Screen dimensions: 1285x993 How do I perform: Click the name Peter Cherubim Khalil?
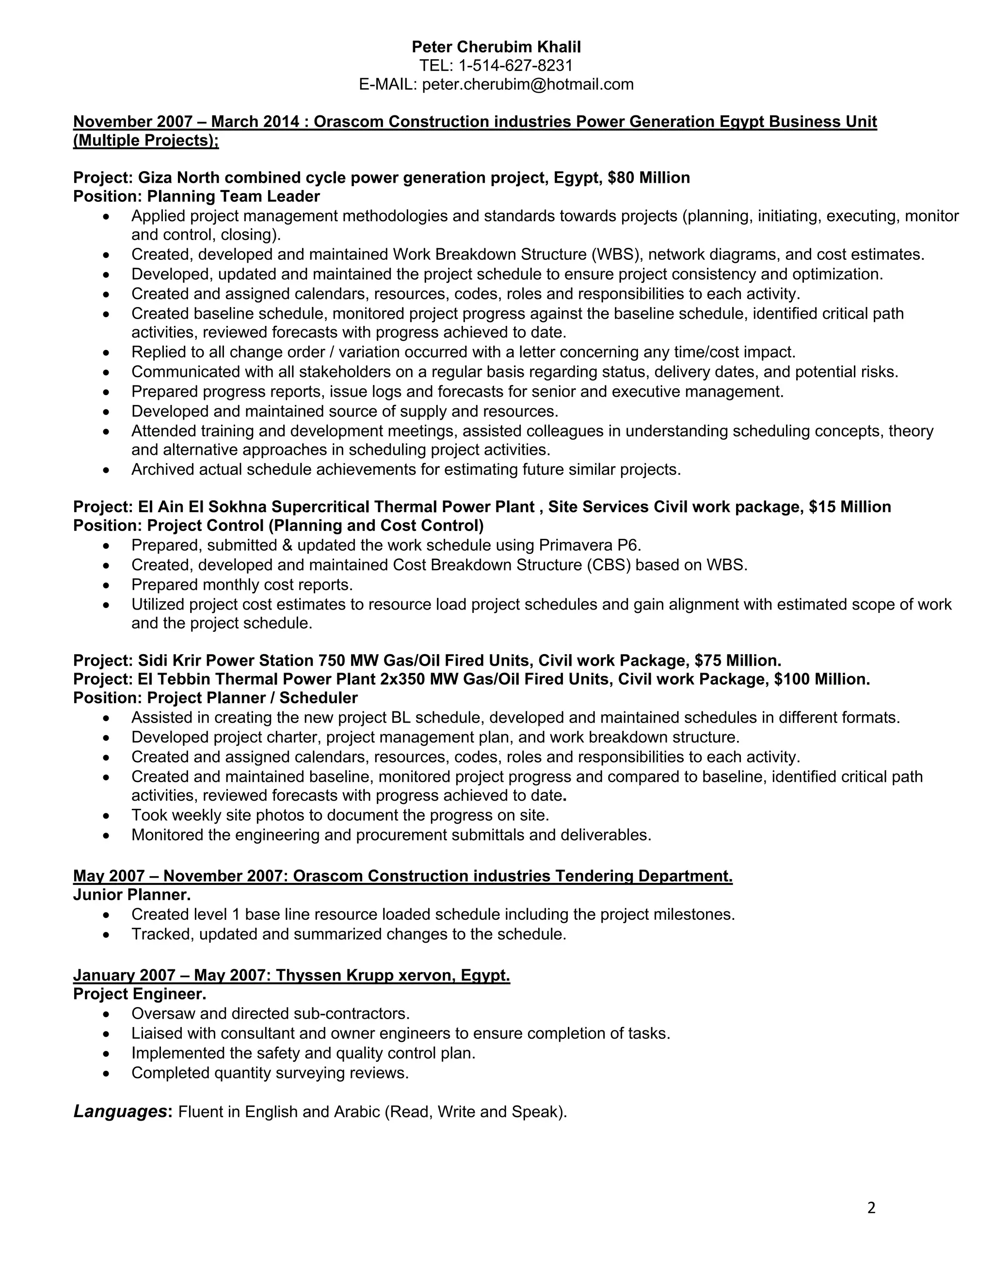point(496,47)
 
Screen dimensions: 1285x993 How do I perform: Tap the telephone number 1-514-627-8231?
point(515,65)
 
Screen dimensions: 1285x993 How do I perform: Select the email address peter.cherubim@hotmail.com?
point(528,85)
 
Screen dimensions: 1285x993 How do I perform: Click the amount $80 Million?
point(649,177)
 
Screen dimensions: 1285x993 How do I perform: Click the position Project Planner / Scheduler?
point(252,698)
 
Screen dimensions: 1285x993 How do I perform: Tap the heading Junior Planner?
point(132,895)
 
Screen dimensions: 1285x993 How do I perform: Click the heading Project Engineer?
point(140,995)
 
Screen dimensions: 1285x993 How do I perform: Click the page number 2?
point(871,1208)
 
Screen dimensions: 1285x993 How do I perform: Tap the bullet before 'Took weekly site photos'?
point(106,816)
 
